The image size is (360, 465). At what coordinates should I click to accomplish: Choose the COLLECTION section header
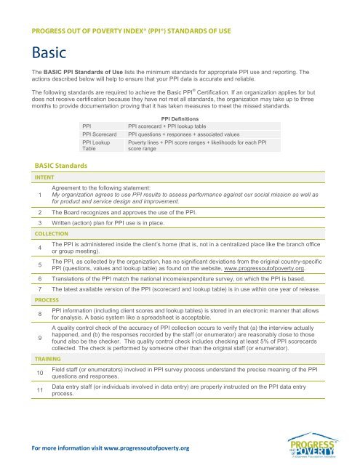click(x=42, y=234)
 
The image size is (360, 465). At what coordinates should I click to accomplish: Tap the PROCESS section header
click(x=38, y=299)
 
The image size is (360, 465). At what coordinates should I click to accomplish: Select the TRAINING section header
click(x=39, y=358)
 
